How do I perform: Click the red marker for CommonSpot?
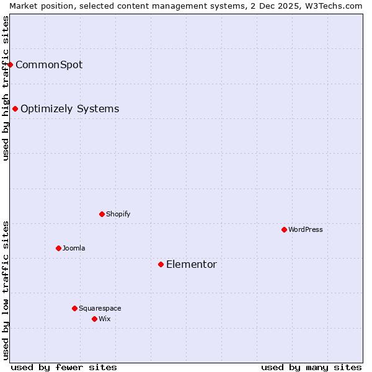pyautogui.click(x=10, y=64)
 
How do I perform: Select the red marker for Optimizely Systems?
pyautogui.click(x=15, y=109)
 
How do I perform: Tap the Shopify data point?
pyautogui.click(x=102, y=214)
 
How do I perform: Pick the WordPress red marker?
pyautogui.click(x=284, y=229)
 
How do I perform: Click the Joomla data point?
pyautogui.click(x=58, y=248)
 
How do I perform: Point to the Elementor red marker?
pyautogui.click(x=161, y=265)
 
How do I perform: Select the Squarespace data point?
pyautogui.click(x=74, y=308)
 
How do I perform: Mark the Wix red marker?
pyautogui.click(x=94, y=319)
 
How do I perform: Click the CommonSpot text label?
pyautogui.click(x=49, y=65)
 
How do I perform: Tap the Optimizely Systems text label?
pyautogui.click(x=69, y=109)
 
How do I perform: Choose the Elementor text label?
pyautogui.click(x=192, y=265)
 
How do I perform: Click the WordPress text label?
pyautogui.click(x=306, y=229)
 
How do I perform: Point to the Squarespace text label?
pyautogui.click(x=100, y=308)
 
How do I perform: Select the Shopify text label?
pyautogui.click(x=118, y=214)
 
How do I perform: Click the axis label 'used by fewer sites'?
pyautogui.click(x=64, y=367)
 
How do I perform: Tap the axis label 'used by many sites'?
pyautogui.click(x=311, y=367)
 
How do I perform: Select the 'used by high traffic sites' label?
pyautogui.click(x=6, y=88)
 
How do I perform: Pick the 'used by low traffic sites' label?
pyautogui.click(x=6, y=290)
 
